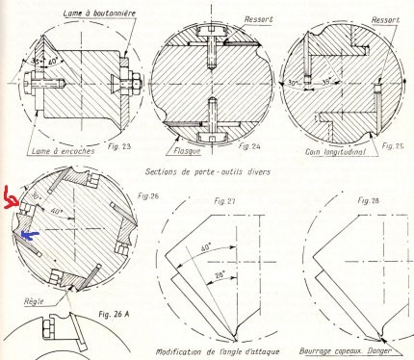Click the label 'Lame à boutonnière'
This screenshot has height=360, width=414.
tap(99, 13)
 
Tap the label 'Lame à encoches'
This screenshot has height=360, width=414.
tap(64, 151)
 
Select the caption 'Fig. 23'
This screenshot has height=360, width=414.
tap(119, 146)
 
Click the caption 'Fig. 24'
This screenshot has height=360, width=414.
tap(249, 146)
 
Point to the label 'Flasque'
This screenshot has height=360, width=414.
tap(187, 150)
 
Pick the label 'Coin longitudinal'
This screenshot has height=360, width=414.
tap(335, 151)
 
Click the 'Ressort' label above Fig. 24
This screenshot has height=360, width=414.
tap(259, 19)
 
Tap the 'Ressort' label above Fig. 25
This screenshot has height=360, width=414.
tap(386, 20)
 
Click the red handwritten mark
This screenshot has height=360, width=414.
tap(11, 199)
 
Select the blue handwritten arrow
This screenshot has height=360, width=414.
tap(29, 235)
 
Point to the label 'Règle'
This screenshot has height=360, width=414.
tap(34, 301)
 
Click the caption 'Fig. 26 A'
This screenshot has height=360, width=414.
tap(115, 314)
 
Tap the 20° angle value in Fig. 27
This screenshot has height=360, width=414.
tap(220, 274)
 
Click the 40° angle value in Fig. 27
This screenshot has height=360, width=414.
tap(206, 248)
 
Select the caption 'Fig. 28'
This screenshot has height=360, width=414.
tap(368, 200)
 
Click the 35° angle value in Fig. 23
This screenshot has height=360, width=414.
tap(36, 61)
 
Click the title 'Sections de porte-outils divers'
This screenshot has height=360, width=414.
tap(208, 171)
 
